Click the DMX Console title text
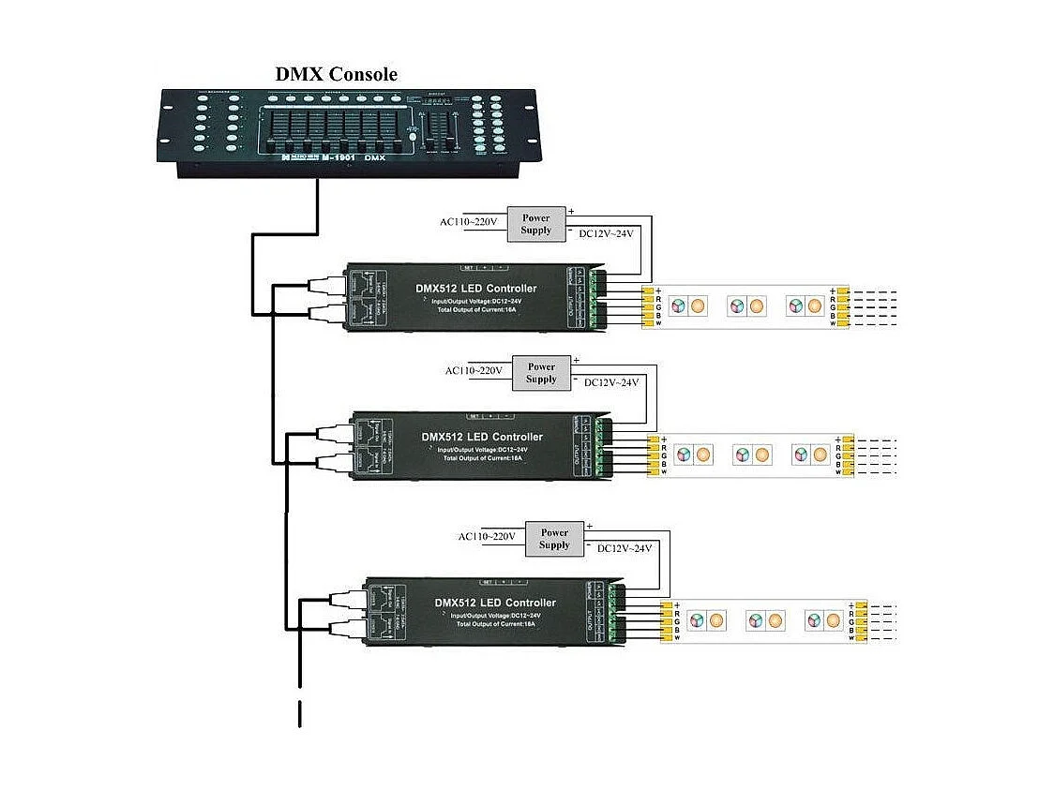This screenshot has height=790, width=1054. click(336, 74)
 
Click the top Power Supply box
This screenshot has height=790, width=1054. click(536, 224)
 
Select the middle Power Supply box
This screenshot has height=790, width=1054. click(541, 373)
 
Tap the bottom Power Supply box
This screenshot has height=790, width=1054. click(554, 539)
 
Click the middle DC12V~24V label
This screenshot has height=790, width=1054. click(610, 382)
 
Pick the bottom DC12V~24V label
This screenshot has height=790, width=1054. click(624, 548)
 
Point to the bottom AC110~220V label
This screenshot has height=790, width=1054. click(487, 537)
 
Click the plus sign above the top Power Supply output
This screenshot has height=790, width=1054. click(570, 211)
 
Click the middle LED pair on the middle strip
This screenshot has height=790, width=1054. click(750, 455)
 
